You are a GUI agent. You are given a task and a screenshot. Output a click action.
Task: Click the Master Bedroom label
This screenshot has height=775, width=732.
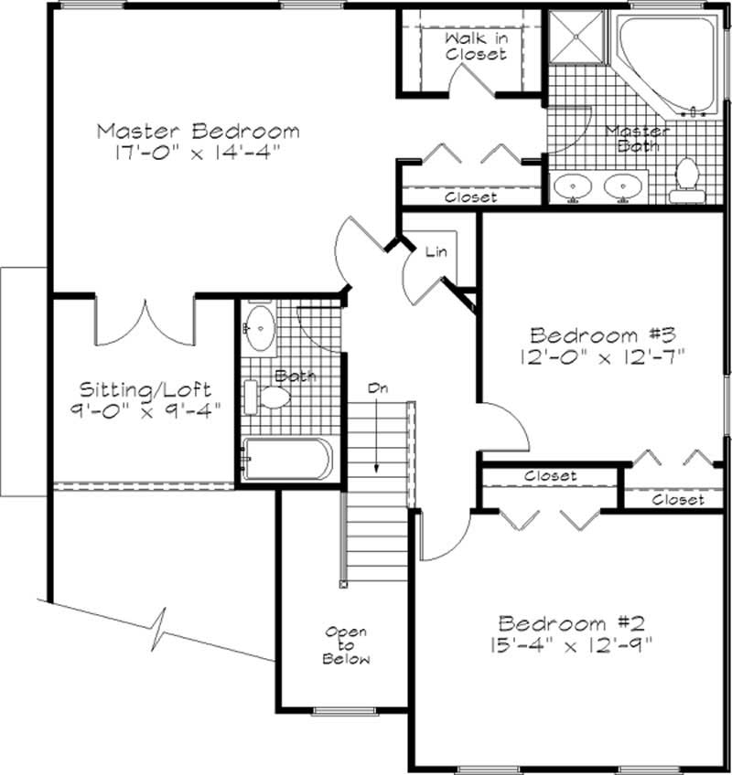[198, 131]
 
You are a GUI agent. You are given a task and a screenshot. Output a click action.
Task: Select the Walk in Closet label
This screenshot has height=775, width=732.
[475, 47]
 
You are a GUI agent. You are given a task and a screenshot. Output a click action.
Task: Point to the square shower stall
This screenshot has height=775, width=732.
[577, 39]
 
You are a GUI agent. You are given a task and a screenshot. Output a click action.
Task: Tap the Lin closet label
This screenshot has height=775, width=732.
[435, 252]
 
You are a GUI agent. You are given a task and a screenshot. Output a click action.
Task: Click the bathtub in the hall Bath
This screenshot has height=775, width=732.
[287, 459]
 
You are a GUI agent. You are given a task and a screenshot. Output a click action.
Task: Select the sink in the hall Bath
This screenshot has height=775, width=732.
[262, 327]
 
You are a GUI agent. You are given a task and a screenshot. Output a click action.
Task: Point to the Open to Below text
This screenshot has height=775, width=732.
[345, 645]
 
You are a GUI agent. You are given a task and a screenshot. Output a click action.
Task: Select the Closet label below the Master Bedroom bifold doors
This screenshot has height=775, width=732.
[470, 196]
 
